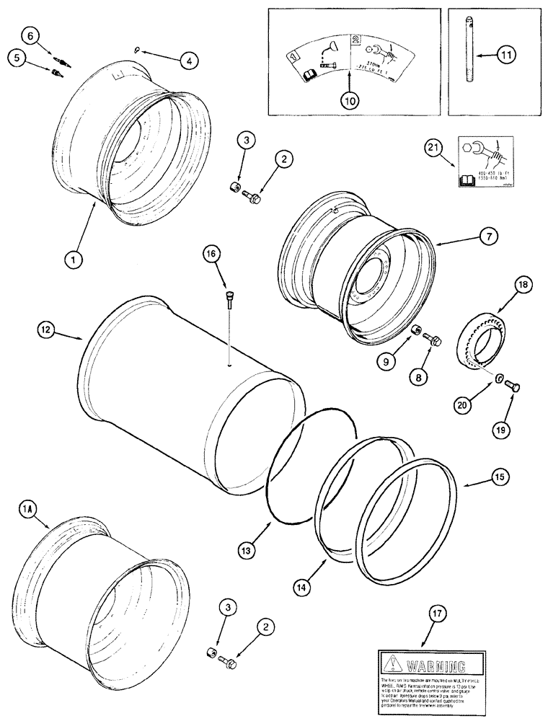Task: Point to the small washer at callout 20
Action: (x=498, y=376)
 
